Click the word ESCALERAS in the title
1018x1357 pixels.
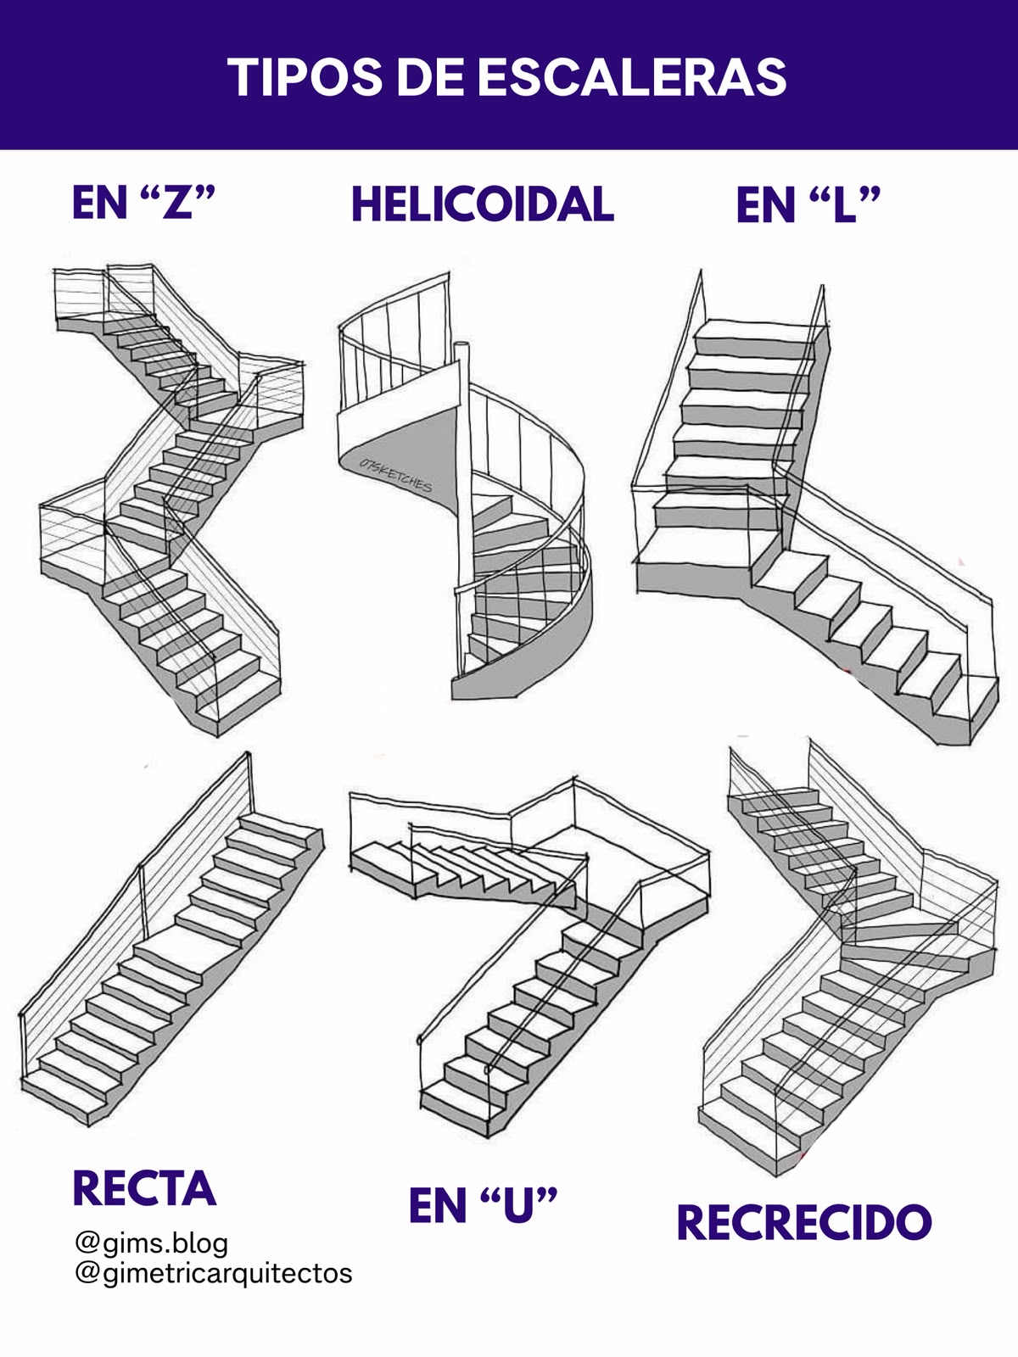(x=632, y=77)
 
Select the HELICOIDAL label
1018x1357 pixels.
(x=483, y=204)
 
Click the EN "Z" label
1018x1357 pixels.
(x=143, y=201)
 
